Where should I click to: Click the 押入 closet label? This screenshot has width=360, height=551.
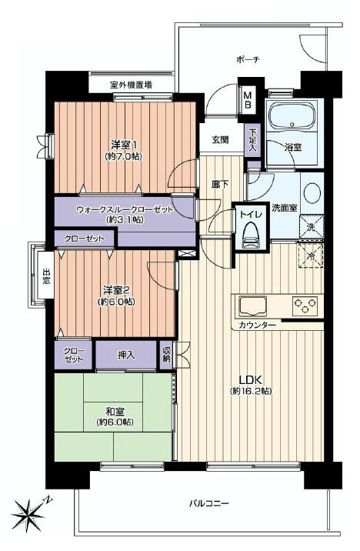point(126,356)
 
